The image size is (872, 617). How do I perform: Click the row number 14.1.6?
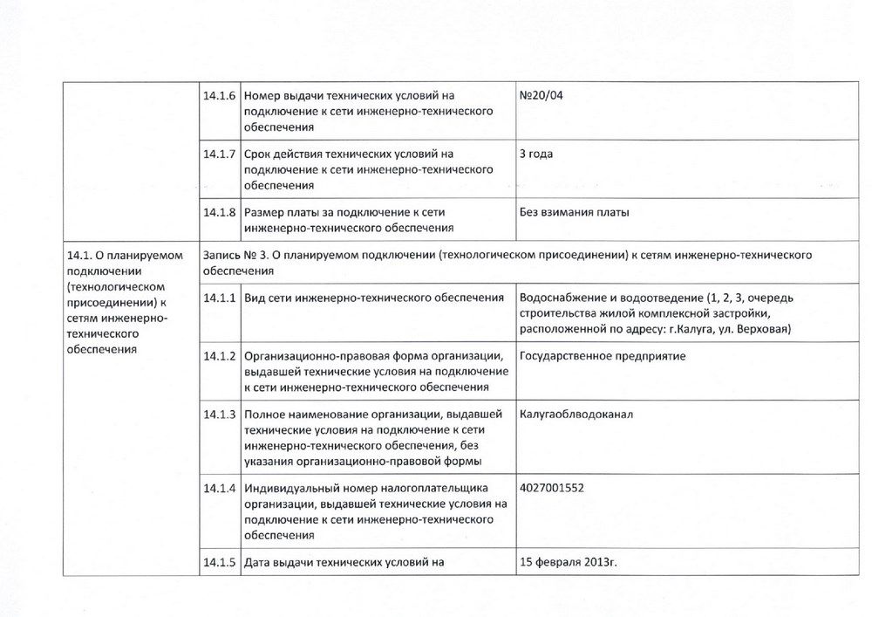click(219, 95)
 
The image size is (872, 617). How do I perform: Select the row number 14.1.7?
click(219, 154)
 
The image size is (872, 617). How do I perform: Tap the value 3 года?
click(536, 154)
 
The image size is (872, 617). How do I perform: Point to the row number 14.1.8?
click(219, 212)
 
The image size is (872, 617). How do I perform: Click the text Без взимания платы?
click(574, 212)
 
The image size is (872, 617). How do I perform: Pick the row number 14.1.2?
click(219, 357)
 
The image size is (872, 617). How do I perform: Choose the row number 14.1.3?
click(219, 415)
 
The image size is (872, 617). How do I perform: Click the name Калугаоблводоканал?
click(576, 414)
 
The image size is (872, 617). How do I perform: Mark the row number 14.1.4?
click(219, 488)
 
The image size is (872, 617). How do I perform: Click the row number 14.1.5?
click(219, 562)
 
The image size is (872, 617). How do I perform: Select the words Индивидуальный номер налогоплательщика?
click(367, 488)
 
